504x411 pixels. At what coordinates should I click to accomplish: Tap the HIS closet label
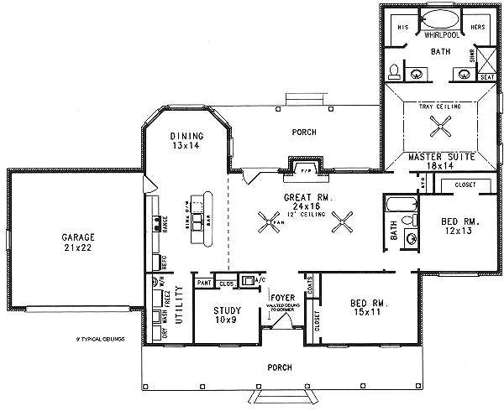click(x=402, y=27)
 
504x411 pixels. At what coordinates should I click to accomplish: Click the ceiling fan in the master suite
click(x=440, y=127)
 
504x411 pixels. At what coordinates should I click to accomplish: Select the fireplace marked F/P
click(x=306, y=168)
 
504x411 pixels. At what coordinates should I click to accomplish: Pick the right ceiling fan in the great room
click(x=343, y=222)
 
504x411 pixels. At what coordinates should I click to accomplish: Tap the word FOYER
click(x=281, y=297)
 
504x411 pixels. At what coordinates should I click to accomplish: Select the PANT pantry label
click(x=202, y=284)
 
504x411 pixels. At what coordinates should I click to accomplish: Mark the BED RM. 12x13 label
click(x=460, y=227)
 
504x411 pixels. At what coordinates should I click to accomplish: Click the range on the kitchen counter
click(x=156, y=223)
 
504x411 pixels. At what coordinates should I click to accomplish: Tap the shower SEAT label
click(x=486, y=76)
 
